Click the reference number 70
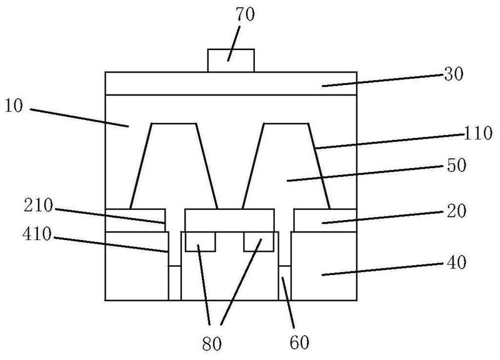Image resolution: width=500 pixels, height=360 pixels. tap(245, 14)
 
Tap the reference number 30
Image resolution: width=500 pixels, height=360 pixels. tap(454, 74)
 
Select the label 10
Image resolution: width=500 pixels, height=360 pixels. tap(14, 106)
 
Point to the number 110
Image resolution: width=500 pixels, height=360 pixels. tap(477, 133)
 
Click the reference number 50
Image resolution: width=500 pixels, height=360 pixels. tap(457, 165)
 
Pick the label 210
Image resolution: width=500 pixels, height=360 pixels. tap(38, 206)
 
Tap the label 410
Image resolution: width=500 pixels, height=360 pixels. tap(37, 234)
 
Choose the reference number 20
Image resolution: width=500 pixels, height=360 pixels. tap(456, 211)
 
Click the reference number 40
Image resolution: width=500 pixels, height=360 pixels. tap(456, 262)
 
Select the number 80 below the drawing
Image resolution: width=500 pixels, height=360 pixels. tap(212, 344)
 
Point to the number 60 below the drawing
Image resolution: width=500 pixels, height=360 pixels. tap(299, 342)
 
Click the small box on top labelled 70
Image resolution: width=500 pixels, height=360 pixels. tap(231, 61)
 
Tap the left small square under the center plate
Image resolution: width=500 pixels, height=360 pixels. tap(200, 242)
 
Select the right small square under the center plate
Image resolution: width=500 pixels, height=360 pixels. tap(259, 242)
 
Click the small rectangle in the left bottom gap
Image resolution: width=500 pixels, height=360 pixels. tap(174, 283)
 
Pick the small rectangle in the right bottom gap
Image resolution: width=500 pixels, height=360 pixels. tap(285, 283)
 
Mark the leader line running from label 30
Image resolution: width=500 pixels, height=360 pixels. tap(382, 80)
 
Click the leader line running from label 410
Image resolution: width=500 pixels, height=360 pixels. tap(111, 244)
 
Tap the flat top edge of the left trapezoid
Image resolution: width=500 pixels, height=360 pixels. tap(174, 123)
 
